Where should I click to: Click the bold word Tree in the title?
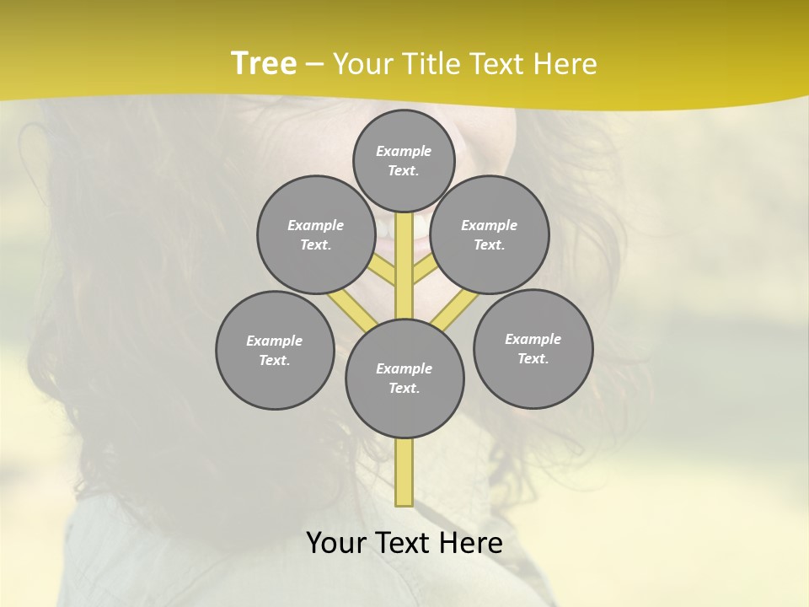[x=264, y=63]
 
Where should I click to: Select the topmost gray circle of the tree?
[x=404, y=160]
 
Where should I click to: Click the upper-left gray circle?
[x=316, y=234]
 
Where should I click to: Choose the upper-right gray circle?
[x=490, y=234]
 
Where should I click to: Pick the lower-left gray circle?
[x=275, y=350]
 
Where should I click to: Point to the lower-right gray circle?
[x=533, y=348]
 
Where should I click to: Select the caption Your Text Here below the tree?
[x=404, y=543]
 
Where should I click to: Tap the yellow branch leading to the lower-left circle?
[x=342, y=303]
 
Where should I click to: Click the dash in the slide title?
[x=314, y=64]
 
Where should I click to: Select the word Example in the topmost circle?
[x=404, y=151]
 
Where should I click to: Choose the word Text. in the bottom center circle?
[x=404, y=388]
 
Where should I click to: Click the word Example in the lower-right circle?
[x=533, y=339]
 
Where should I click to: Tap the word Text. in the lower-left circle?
[x=274, y=360]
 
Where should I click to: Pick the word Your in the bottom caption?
[x=337, y=543]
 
